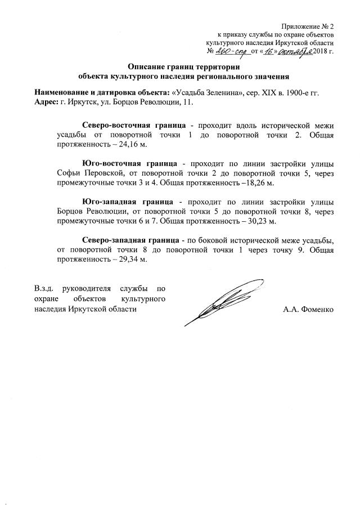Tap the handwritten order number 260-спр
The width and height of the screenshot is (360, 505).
coord(236,51)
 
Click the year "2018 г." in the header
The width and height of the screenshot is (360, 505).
coord(322,52)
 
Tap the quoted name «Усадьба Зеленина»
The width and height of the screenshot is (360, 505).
coord(204,92)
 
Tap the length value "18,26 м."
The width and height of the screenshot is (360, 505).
coord(259,183)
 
